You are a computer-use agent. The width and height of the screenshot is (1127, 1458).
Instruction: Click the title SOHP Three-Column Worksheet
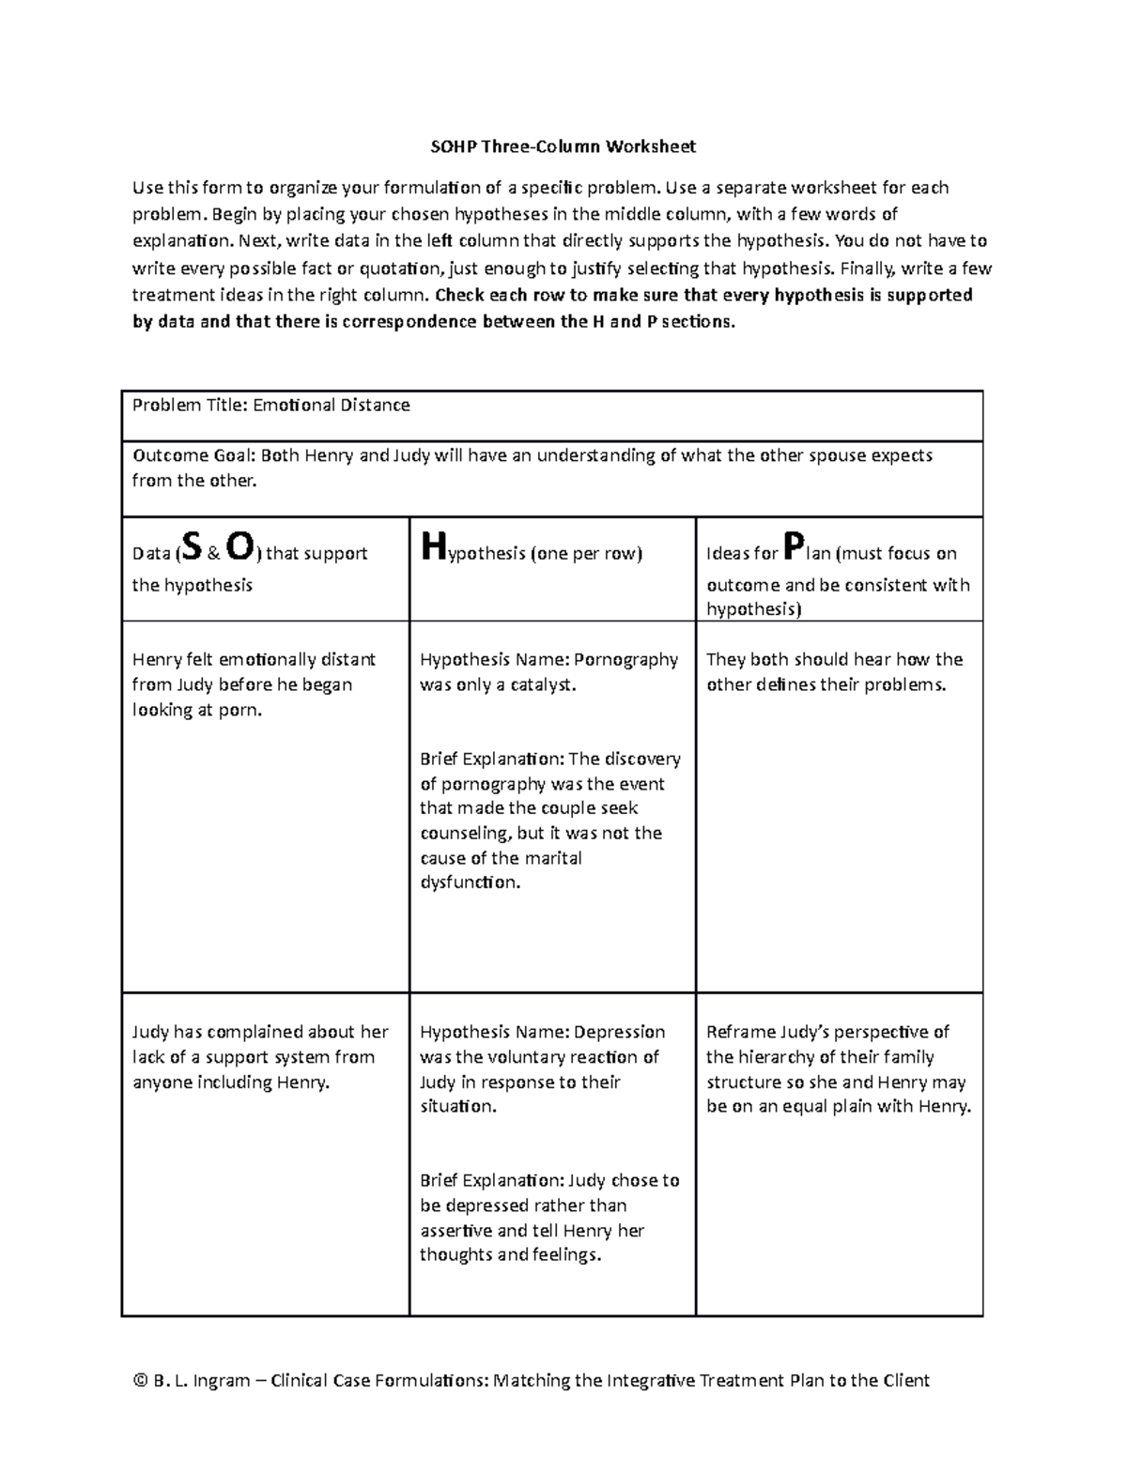563,146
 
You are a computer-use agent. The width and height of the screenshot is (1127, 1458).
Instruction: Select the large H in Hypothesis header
431,545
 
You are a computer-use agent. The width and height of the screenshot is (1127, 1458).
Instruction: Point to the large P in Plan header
794,545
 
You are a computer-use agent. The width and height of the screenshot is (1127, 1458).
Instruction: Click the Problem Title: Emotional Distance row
271,406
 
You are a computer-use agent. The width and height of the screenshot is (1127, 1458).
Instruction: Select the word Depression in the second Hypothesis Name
620,1032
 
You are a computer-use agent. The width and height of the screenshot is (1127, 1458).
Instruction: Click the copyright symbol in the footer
141,1380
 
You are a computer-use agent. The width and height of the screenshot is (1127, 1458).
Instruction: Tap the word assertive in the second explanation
455,1230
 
